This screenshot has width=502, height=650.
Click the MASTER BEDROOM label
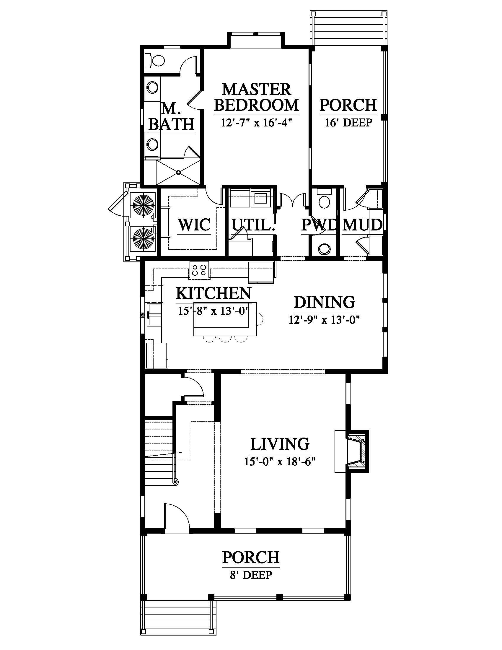pos(256,97)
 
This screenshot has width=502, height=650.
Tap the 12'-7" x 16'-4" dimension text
pos(256,123)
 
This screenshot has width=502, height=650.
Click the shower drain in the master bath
pos(178,172)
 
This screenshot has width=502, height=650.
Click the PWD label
pos(320,225)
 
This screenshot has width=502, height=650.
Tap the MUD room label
pos(363,225)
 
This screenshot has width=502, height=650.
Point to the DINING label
pos(325,302)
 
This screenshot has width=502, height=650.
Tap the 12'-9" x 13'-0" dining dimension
pos(325,320)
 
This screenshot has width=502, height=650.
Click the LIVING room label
pos(280,444)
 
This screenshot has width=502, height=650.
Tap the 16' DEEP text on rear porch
pos(348,123)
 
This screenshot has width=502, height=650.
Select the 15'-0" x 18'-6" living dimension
pos(280,461)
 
